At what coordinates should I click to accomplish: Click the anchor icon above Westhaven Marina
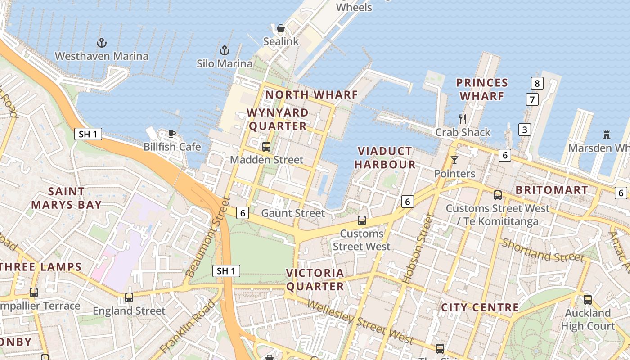102,43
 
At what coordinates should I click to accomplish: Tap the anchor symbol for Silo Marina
224,50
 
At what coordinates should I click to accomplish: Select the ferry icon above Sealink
281,29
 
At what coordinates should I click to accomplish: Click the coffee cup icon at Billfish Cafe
171,134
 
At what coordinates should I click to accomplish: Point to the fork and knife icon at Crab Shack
462,119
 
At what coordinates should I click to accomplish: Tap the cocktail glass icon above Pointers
454,160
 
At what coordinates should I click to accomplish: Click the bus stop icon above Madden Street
266,146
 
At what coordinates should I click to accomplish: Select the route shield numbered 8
536,83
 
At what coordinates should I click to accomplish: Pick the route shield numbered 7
532,99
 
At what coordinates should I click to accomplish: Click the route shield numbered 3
524,130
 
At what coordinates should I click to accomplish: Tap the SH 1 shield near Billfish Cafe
88,134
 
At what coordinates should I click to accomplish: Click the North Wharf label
311,95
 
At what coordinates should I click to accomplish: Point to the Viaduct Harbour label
385,157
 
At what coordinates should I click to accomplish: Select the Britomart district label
551,190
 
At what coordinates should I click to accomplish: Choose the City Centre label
480,308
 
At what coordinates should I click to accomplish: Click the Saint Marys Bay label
66,198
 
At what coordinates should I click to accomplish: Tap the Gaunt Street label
293,213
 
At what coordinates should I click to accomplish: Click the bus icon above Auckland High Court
587,299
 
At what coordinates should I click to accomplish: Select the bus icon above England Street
129,297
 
